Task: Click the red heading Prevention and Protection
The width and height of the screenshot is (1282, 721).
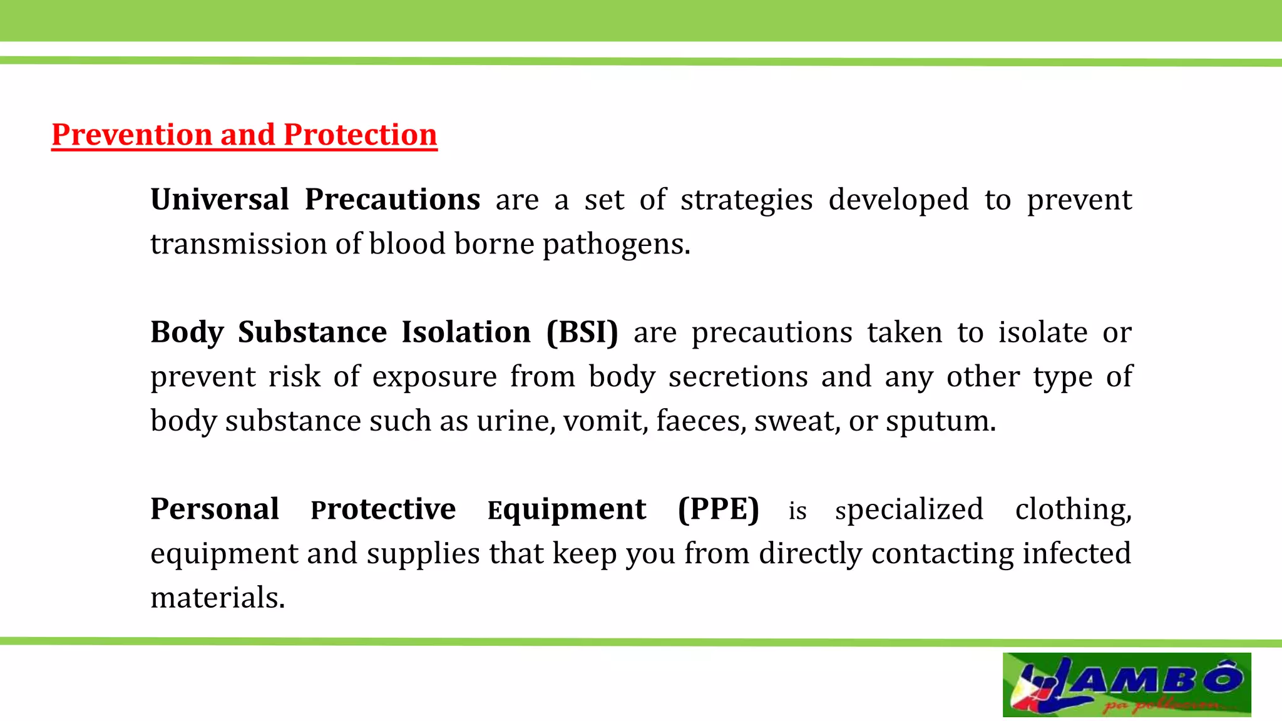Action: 244,135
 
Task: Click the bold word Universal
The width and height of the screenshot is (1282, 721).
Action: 220,200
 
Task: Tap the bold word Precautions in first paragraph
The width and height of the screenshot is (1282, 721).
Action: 392,200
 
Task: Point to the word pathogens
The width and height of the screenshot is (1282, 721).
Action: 615,244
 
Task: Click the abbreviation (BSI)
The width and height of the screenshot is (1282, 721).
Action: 582,332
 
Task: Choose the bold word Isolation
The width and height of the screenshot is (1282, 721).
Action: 466,332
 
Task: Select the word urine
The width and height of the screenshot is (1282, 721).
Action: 515,421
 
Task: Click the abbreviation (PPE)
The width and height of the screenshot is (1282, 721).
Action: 718,509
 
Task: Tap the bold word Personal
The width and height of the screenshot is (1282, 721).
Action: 215,509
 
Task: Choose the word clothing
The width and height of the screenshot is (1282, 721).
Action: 1073,509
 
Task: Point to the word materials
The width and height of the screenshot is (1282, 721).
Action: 217,598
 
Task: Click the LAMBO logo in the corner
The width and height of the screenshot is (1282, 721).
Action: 1126,685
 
